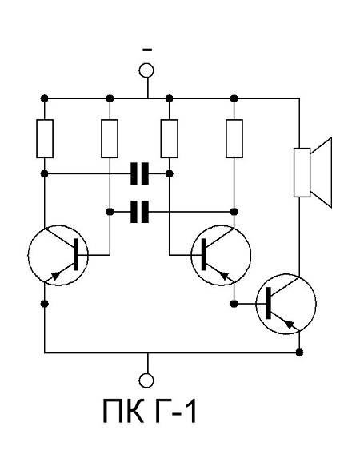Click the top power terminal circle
(x=146, y=70)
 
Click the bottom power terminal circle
(x=146, y=380)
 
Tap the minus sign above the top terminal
(x=147, y=50)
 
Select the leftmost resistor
(x=45, y=139)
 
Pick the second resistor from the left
(x=110, y=139)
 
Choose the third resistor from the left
(x=170, y=139)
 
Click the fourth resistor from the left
(x=234, y=139)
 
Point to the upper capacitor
(x=139, y=173)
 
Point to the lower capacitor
(x=139, y=212)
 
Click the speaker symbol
(x=312, y=173)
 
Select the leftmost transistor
(x=58, y=255)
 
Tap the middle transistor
(x=221, y=255)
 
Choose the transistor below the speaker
(x=286, y=304)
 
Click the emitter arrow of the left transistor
(x=56, y=275)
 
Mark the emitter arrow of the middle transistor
(x=224, y=275)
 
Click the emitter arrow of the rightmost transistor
(x=290, y=324)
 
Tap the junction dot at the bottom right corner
(x=299, y=352)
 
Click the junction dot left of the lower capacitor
(x=110, y=212)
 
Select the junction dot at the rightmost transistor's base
(x=234, y=304)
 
